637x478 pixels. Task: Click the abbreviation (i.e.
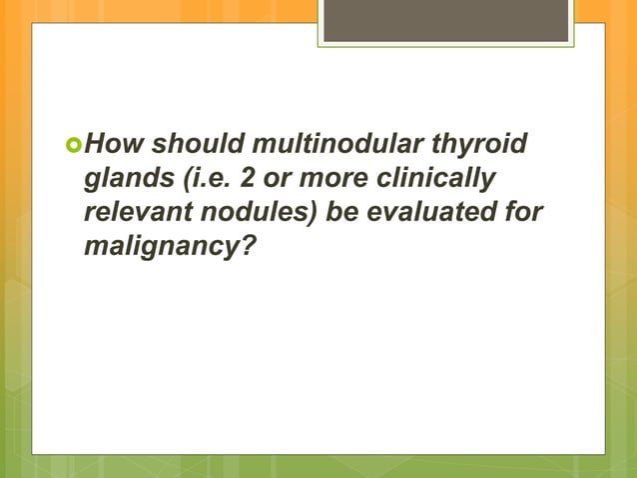coord(196,179)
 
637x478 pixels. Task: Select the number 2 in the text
coord(239,179)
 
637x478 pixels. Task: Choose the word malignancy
coord(157,243)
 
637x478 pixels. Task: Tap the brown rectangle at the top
coord(445,21)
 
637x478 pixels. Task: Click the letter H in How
coord(94,148)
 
